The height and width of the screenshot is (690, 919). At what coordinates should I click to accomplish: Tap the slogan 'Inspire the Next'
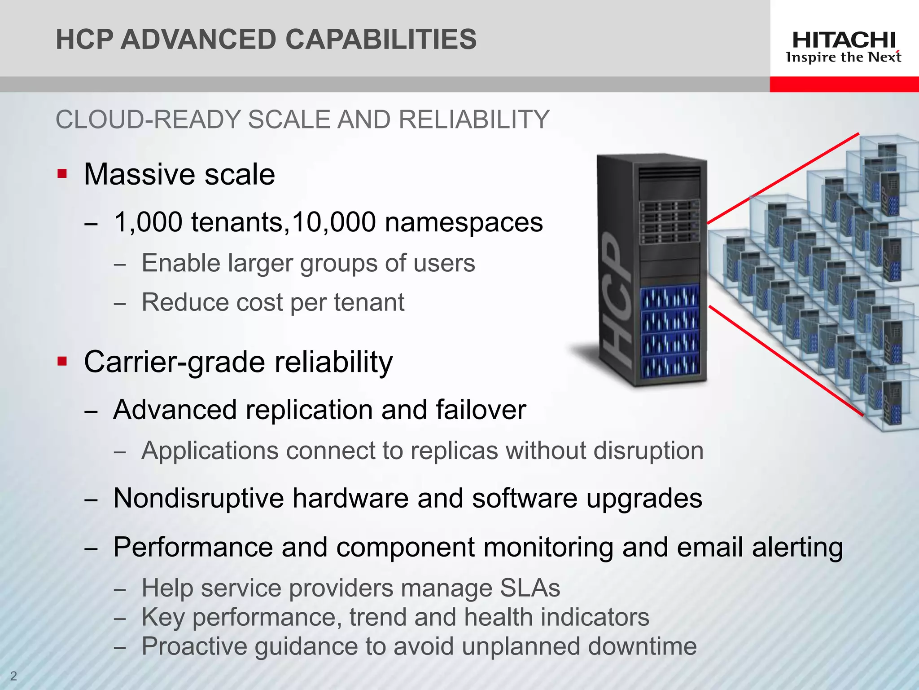[844, 57]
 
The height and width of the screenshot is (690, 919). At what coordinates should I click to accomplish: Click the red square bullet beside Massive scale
[62, 174]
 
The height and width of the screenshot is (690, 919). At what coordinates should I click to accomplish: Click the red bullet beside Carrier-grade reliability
[62, 361]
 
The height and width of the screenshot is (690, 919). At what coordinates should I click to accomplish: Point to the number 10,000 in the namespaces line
[334, 222]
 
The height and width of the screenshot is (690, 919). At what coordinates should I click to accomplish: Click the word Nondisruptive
[199, 498]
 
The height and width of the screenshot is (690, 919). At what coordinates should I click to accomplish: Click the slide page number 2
[13, 676]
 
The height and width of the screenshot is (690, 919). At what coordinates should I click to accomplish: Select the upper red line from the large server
[783, 178]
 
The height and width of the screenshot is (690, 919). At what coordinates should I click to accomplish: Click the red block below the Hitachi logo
[844, 84]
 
